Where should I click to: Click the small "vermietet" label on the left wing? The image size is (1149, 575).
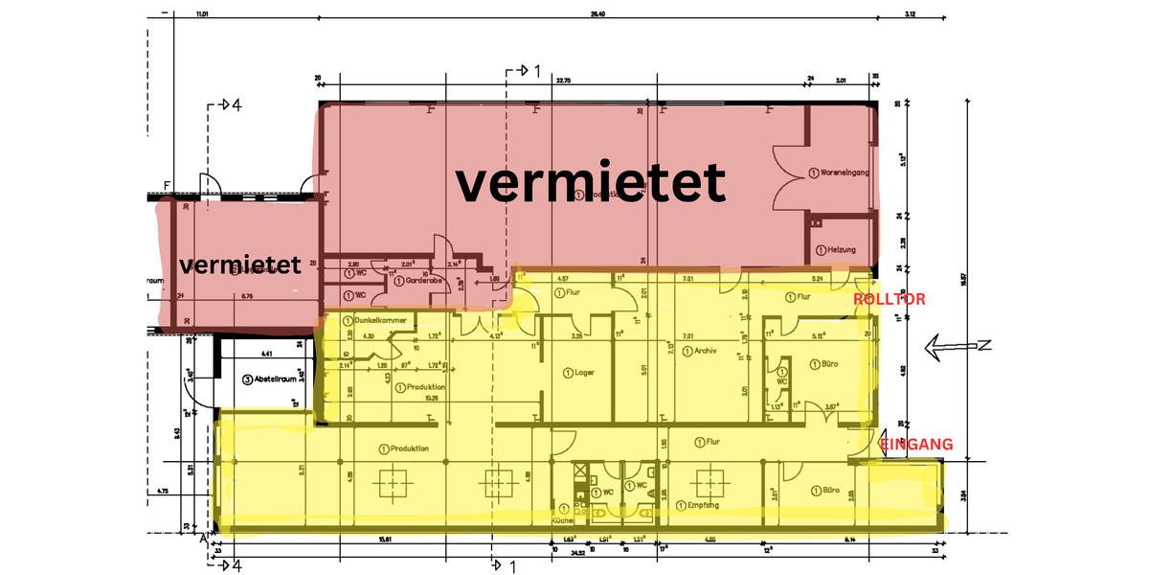pos(239,264)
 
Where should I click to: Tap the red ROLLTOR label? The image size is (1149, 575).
pos(890,300)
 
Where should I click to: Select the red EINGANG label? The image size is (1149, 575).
pos(916,444)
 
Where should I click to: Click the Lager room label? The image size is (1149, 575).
pos(584,372)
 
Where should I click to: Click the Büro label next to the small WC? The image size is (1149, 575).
pos(819,364)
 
